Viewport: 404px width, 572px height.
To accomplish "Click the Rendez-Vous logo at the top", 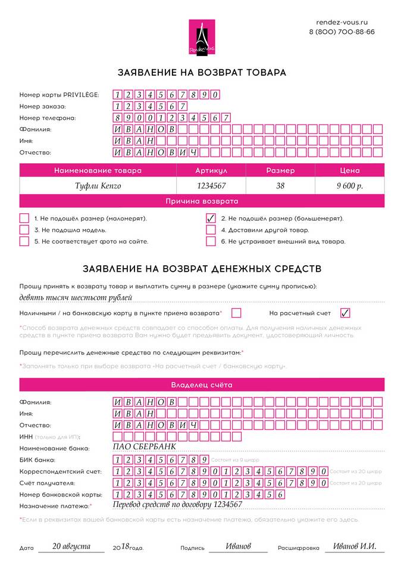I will (x=202, y=36).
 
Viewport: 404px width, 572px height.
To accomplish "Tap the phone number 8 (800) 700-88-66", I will (x=342, y=32).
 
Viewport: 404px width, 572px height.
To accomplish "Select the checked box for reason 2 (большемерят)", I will (x=211, y=218).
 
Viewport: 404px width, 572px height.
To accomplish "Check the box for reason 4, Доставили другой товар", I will (x=211, y=230).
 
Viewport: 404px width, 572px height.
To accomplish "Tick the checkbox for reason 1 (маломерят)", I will (x=24, y=218).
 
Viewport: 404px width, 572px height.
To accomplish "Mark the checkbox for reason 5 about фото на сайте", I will (x=24, y=241).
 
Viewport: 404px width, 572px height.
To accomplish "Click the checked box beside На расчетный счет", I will (x=345, y=313).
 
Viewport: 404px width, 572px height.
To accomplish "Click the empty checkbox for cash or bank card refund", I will (x=236, y=313).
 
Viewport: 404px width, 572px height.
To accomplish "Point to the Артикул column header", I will (x=211, y=170).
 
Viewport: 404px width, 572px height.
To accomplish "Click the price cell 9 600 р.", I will (x=349, y=186).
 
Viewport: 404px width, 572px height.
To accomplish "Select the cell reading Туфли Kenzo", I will (x=98, y=186).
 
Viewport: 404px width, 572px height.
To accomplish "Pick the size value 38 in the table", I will (x=280, y=186).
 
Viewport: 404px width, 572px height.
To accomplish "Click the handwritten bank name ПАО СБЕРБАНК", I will (x=144, y=447).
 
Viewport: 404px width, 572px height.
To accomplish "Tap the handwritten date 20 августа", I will (x=71, y=546).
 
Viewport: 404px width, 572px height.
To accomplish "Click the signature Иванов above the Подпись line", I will (x=238, y=546).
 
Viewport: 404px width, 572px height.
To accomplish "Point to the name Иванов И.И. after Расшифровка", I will (x=355, y=546).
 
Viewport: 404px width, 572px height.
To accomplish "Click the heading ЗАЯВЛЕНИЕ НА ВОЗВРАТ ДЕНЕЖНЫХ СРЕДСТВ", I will (x=202, y=269).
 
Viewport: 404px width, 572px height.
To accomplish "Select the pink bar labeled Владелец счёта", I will (x=202, y=385).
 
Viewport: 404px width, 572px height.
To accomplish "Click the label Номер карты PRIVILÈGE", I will (x=59, y=95).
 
